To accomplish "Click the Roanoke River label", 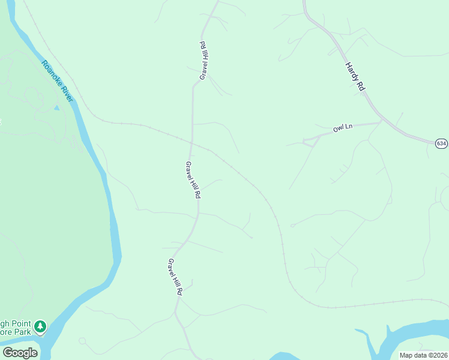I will (56, 80).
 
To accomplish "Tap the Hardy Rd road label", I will (355, 77).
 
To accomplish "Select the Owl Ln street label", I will (343, 128).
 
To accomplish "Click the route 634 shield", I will (441, 143).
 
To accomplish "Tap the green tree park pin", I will (40, 326).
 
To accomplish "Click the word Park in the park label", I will (23, 331).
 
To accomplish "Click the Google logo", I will (19, 352).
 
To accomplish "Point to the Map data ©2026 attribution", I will (423, 355).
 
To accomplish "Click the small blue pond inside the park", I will (56, 108).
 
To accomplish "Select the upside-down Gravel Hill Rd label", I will (203, 61).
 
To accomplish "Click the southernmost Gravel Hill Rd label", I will (175, 277).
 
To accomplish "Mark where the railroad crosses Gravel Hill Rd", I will (191, 142).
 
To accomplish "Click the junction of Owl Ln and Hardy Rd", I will (382, 122).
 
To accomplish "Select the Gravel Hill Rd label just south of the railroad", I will (193, 180).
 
